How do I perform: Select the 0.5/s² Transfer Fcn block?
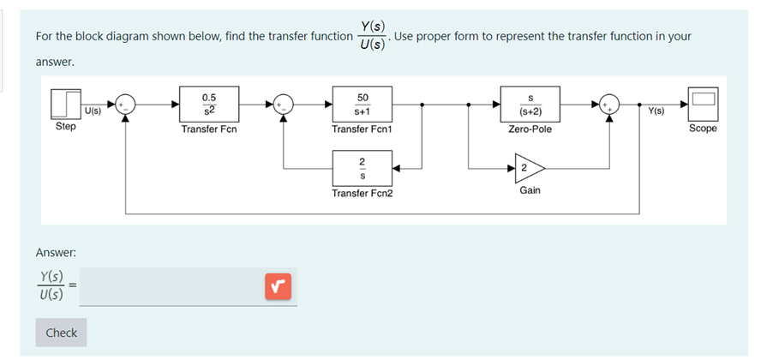[x=209, y=104]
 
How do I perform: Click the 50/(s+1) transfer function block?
[x=362, y=104]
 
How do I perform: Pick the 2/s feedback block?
[x=362, y=168]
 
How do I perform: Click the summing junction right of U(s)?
[x=126, y=104]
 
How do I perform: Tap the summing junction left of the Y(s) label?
[x=610, y=104]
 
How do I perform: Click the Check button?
[x=61, y=333]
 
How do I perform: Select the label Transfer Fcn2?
[x=362, y=193]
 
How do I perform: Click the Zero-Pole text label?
[x=530, y=129]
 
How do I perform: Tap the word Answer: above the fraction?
[x=56, y=253]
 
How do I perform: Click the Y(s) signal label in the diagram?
[x=657, y=111]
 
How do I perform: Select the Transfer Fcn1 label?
[x=362, y=129]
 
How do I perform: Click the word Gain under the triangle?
[x=530, y=189]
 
